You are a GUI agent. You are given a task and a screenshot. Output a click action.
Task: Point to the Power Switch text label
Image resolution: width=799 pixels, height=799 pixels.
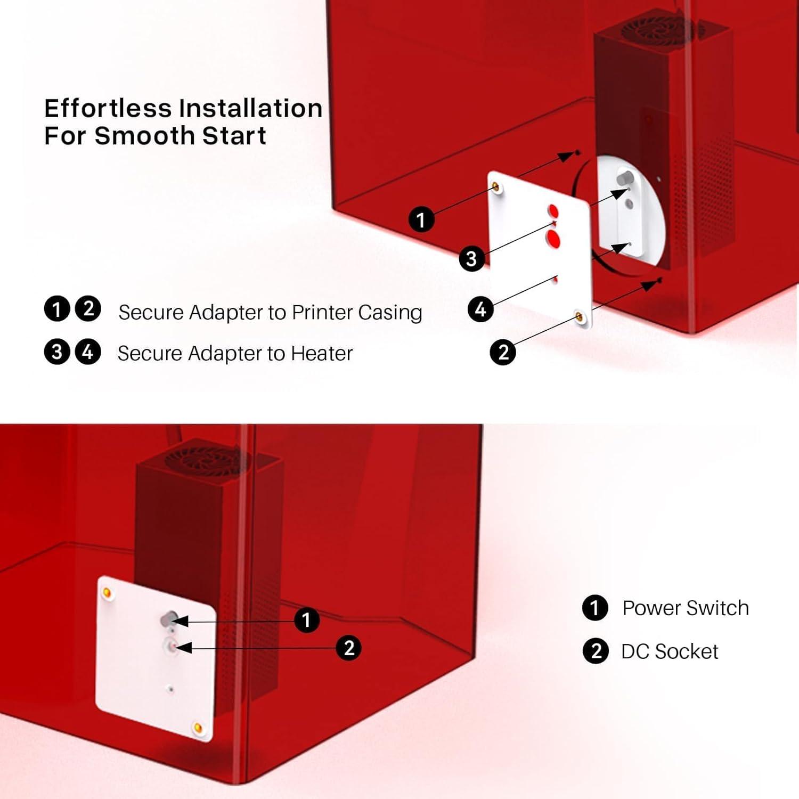[x=686, y=608]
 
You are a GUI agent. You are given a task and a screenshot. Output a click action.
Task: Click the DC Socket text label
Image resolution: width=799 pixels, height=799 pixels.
[x=670, y=651]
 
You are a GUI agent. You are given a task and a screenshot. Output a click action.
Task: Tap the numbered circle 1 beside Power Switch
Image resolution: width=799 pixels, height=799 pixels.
[x=595, y=608]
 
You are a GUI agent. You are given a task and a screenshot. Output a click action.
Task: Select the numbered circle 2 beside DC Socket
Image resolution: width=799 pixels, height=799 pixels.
[x=596, y=651]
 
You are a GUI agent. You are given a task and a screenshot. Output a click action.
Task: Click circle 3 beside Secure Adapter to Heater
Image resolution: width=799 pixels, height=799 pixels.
[x=57, y=353]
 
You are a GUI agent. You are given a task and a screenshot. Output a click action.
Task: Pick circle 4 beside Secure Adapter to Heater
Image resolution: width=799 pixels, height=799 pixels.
[x=88, y=353]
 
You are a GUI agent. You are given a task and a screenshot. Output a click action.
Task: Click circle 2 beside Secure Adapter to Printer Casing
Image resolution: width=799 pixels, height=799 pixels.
[x=88, y=309]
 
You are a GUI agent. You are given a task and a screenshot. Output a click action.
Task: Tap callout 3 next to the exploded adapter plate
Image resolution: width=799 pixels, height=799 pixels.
[x=471, y=259]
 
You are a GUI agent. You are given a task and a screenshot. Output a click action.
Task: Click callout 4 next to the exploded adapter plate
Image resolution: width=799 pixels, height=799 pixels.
[x=480, y=309]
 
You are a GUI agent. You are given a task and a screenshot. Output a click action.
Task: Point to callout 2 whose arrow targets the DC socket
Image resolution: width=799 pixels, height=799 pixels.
[x=349, y=648]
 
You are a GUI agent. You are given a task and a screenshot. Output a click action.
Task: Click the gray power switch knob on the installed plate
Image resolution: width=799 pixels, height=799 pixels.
[x=168, y=619]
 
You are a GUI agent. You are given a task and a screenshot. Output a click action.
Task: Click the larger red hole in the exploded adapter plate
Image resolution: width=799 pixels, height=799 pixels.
[x=553, y=240]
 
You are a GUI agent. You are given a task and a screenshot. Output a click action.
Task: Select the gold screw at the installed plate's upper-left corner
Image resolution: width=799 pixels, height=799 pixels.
[x=107, y=593]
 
